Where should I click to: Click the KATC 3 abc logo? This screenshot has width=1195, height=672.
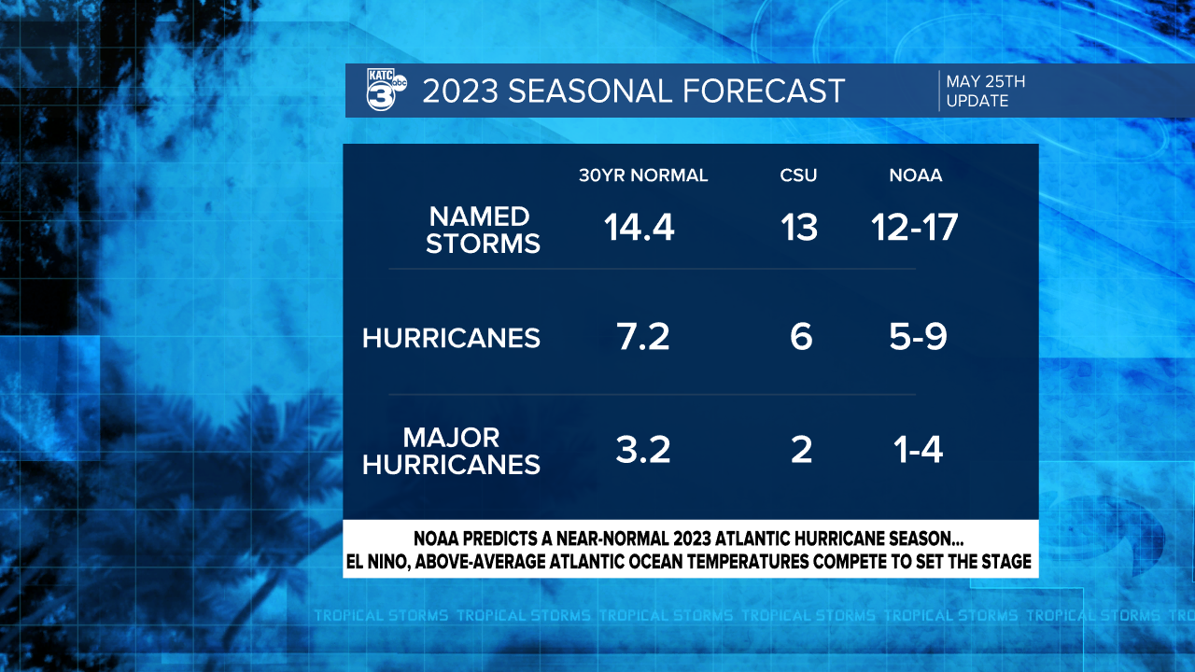click(386, 91)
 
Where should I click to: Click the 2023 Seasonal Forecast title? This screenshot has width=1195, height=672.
click(634, 91)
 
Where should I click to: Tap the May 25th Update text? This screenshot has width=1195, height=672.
click(986, 91)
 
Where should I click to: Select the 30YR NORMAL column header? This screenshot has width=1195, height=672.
click(643, 175)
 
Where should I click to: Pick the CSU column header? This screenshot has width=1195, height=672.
click(799, 175)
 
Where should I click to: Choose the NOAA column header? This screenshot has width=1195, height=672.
click(915, 175)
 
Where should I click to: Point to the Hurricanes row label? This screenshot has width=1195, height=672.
click(451, 338)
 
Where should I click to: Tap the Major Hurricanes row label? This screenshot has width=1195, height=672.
click(451, 451)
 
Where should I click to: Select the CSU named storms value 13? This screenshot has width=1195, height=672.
click(800, 228)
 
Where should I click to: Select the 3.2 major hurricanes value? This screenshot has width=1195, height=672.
click(643, 451)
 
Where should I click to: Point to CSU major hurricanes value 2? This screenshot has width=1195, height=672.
click(801, 451)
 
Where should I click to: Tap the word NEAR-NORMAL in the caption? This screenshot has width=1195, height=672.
click(624, 539)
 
